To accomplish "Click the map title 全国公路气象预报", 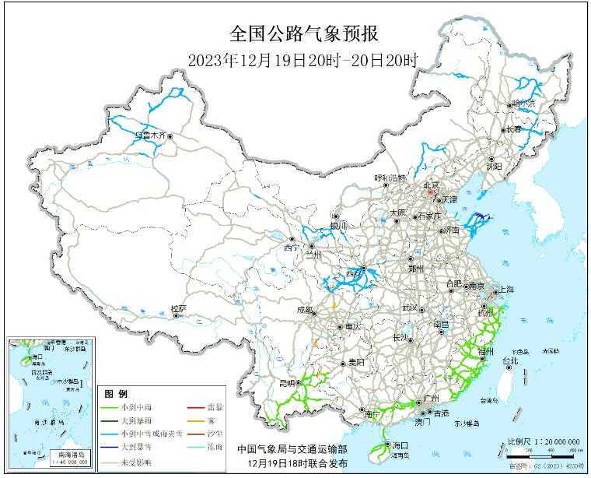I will (x=303, y=33).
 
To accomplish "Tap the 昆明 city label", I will (x=286, y=383).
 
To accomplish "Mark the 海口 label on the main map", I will (x=400, y=444).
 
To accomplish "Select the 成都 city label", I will (x=305, y=310).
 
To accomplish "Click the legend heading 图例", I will (x=117, y=394).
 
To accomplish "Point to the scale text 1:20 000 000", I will (x=550, y=442).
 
